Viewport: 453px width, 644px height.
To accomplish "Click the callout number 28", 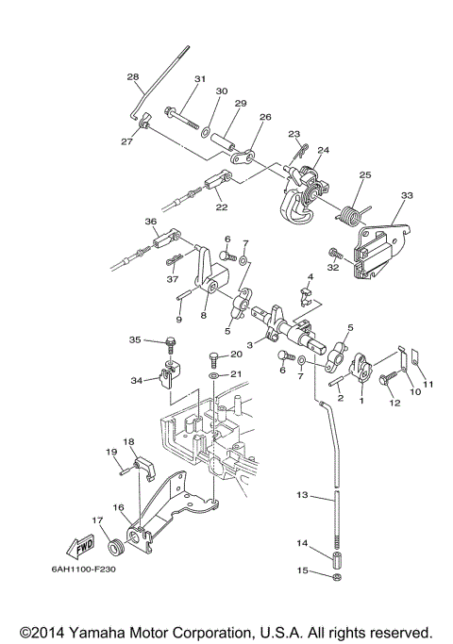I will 132,76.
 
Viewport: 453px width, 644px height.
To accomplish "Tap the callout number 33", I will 407,195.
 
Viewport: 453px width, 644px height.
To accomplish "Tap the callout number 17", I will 95,519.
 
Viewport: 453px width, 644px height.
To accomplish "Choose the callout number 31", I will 199,79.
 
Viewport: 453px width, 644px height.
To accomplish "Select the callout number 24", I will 323,150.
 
